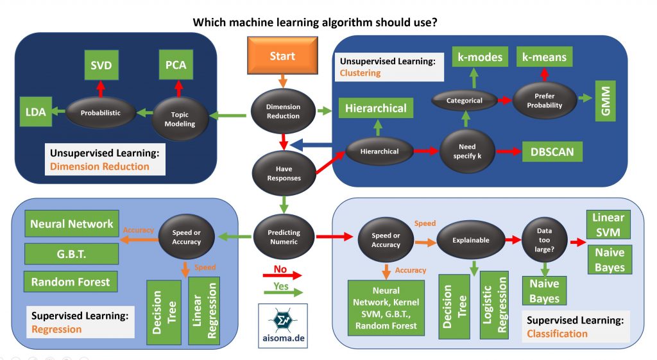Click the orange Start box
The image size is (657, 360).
282,56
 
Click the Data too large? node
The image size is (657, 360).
539,239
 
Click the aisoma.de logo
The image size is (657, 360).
282,327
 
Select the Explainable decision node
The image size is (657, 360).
470,240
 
